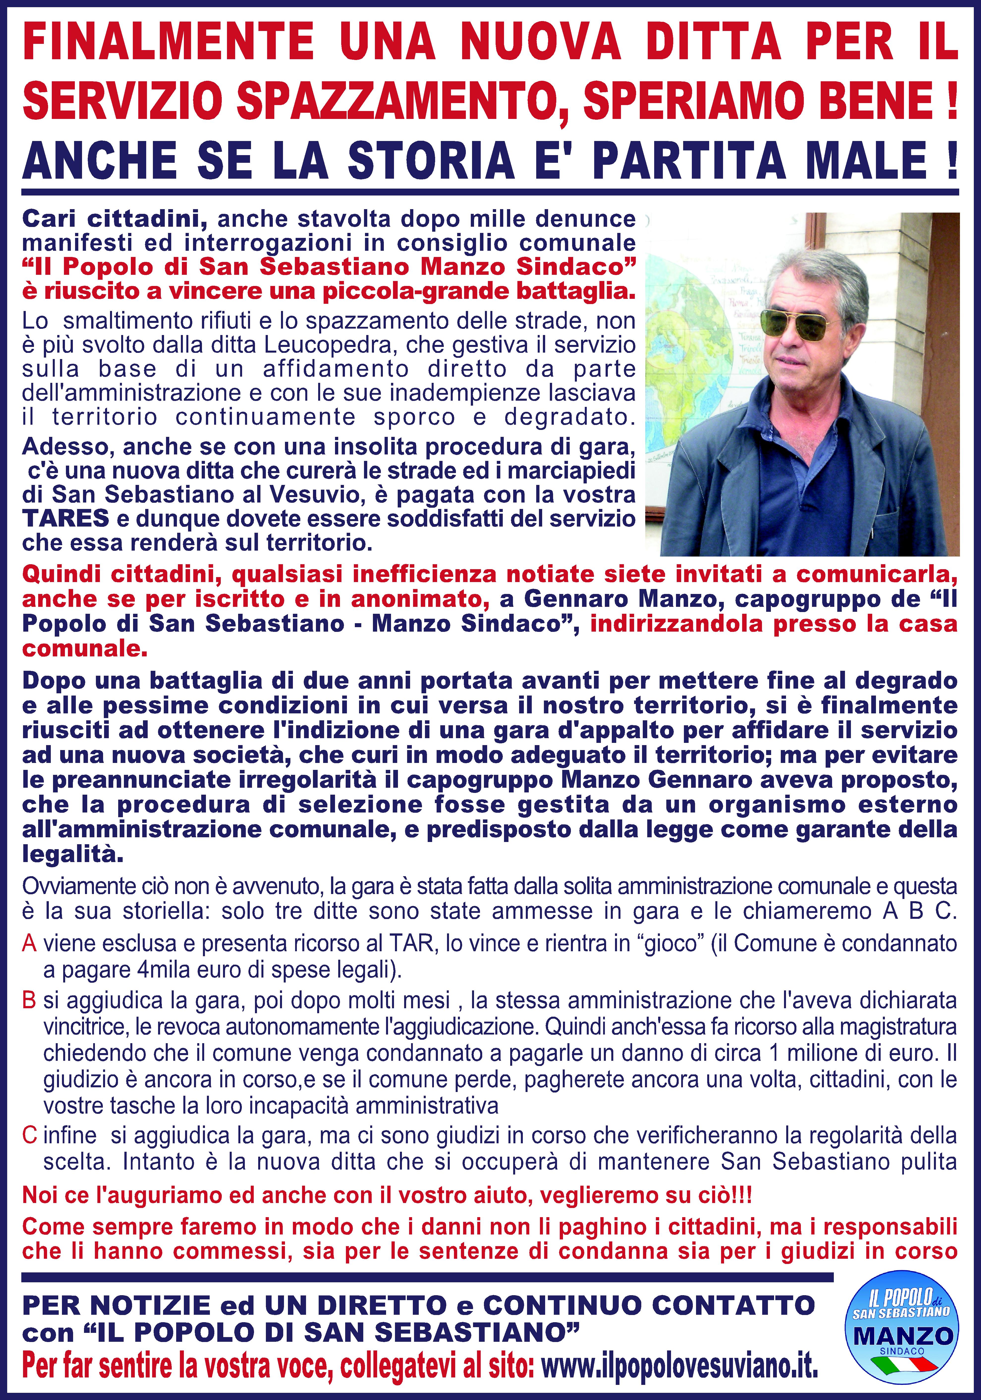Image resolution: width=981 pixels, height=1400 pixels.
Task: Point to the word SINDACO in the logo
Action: click(x=902, y=1351)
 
